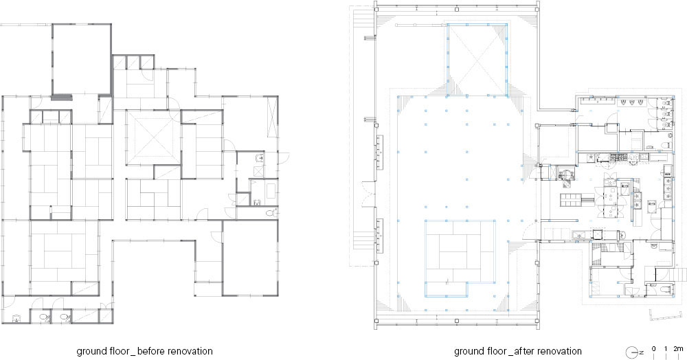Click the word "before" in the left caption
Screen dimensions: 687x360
(x=152, y=351)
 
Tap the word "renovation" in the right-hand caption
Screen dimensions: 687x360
(x=559, y=351)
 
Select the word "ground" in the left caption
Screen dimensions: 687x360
(x=91, y=352)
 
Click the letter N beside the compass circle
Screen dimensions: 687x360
(x=641, y=352)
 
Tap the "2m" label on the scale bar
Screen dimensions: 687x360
(x=678, y=349)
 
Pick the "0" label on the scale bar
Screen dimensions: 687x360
(x=654, y=349)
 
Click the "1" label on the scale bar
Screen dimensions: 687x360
(x=666, y=349)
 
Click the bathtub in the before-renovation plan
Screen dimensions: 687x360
(x=271, y=190)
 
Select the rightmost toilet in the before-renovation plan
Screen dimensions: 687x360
(x=271, y=213)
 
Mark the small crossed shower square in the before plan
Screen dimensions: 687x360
(x=260, y=171)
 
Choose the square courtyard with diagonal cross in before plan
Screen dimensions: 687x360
(x=152, y=137)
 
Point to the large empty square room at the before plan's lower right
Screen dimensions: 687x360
(x=250, y=258)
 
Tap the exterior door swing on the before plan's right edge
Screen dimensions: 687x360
(x=284, y=158)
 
